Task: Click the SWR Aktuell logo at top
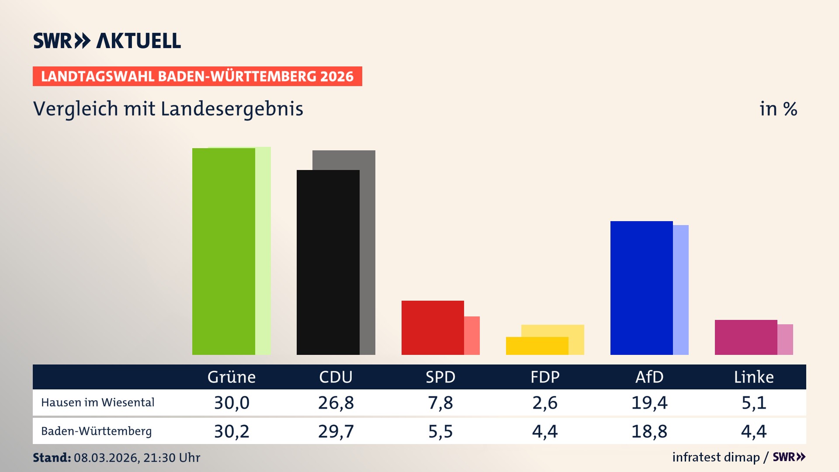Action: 107,41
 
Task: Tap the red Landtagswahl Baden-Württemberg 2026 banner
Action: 197,76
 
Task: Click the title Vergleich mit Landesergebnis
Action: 168,109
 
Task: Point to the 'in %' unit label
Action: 778,109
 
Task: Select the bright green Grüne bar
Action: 223,251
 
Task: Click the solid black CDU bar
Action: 328,262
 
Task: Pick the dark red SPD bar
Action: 432,327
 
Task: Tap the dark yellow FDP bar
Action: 537,346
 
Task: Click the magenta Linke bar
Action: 745,337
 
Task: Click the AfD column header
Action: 649,377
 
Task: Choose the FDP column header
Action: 545,377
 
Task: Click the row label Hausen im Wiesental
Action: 97,403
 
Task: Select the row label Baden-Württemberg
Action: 96,431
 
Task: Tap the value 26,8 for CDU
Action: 336,403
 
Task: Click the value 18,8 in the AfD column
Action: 649,431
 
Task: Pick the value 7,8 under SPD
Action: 440,403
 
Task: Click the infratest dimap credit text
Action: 716,457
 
